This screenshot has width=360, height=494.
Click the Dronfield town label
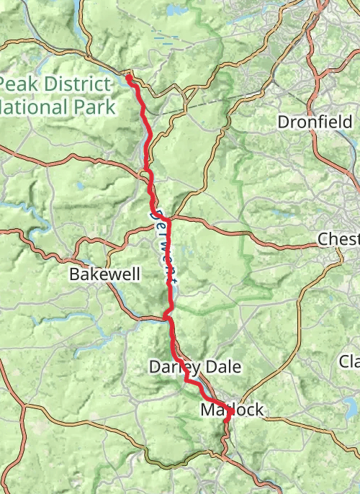[x=315, y=122]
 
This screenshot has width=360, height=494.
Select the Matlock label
[x=233, y=410]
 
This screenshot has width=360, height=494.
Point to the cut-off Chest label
[x=338, y=238]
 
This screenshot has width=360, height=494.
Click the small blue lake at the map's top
[x=174, y=12]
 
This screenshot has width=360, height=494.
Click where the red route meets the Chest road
[x=169, y=218]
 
